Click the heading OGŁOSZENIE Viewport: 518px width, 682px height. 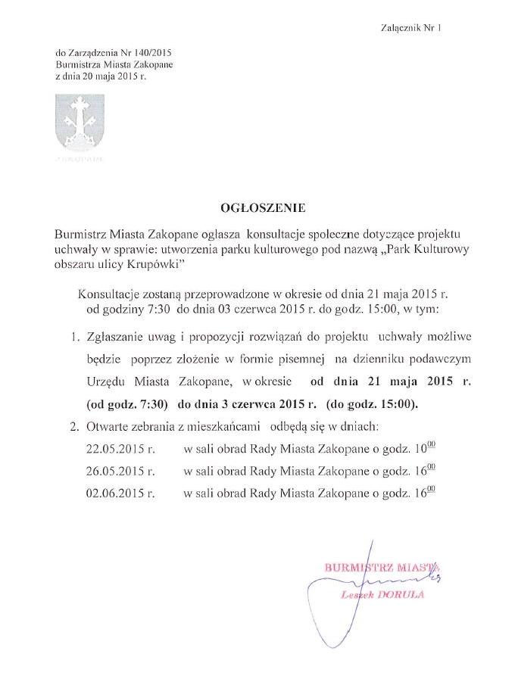tap(257, 206)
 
